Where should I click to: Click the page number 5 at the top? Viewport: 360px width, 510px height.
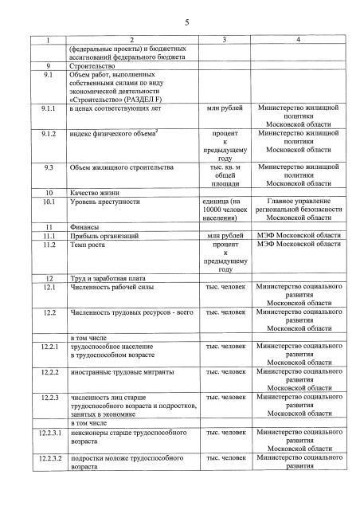click(186, 22)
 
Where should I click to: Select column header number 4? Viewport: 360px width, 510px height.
click(298, 40)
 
